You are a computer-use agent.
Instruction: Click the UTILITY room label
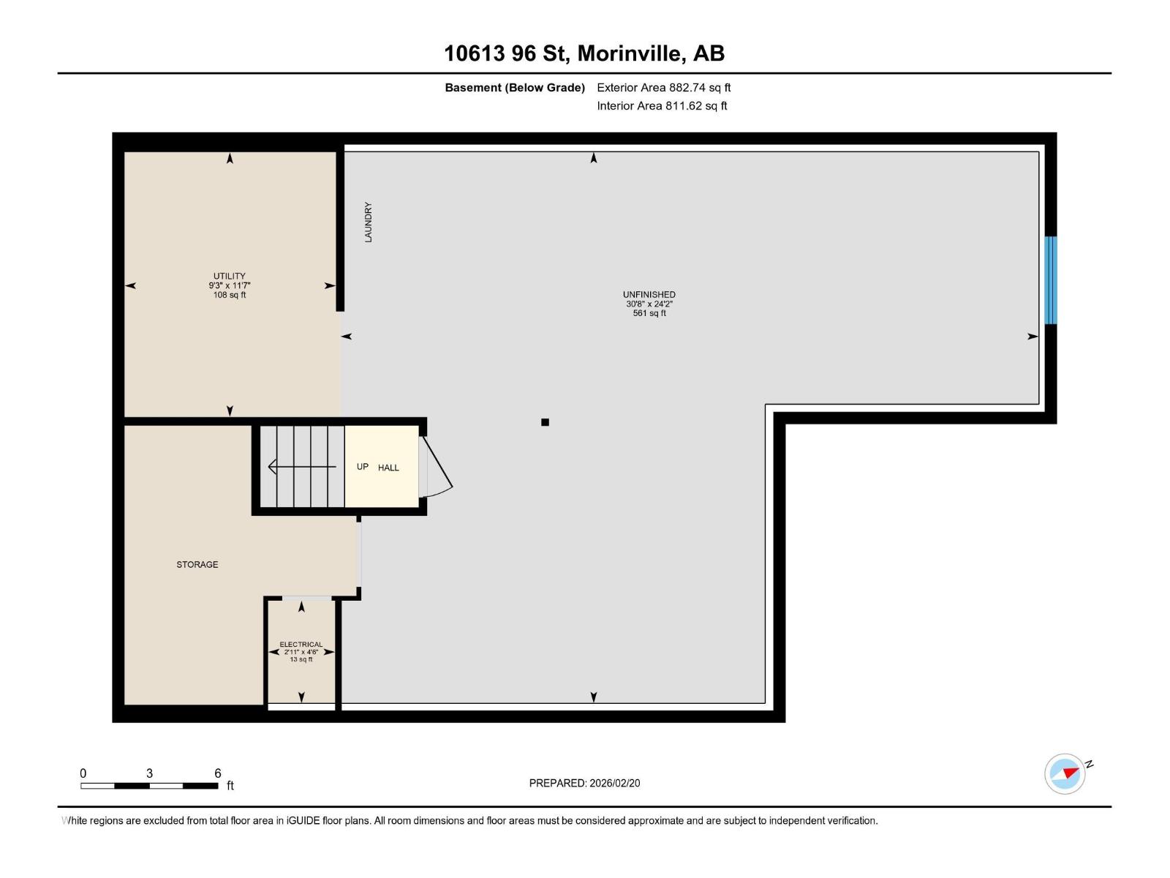pyautogui.click(x=229, y=276)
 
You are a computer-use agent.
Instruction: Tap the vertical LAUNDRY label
pyautogui.click(x=369, y=222)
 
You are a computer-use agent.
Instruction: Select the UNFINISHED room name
pyautogui.click(x=649, y=294)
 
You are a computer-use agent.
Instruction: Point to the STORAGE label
pyautogui.click(x=197, y=564)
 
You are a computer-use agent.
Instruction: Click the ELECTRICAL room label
pyautogui.click(x=301, y=644)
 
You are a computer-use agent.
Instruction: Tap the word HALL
pyautogui.click(x=388, y=468)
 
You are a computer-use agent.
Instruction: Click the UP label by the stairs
pyautogui.click(x=363, y=467)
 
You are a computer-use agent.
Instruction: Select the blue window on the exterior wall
pyautogui.click(x=1050, y=280)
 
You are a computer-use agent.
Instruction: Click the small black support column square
pyautogui.click(x=545, y=422)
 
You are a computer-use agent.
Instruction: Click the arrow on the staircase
pyautogui.click(x=302, y=467)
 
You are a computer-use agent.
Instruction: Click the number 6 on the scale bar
pyautogui.click(x=217, y=773)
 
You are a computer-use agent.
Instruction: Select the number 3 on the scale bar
pyautogui.click(x=149, y=773)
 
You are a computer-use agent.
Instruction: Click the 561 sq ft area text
pyautogui.click(x=649, y=313)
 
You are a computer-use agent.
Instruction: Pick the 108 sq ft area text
pyautogui.click(x=229, y=295)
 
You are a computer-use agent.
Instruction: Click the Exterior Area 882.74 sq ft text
pyautogui.click(x=664, y=87)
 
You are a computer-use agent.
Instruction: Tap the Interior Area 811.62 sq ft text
pyautogui.click(x=662, y=105)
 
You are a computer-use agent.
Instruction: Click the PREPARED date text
pyautogui.click(x=585, y=783)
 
